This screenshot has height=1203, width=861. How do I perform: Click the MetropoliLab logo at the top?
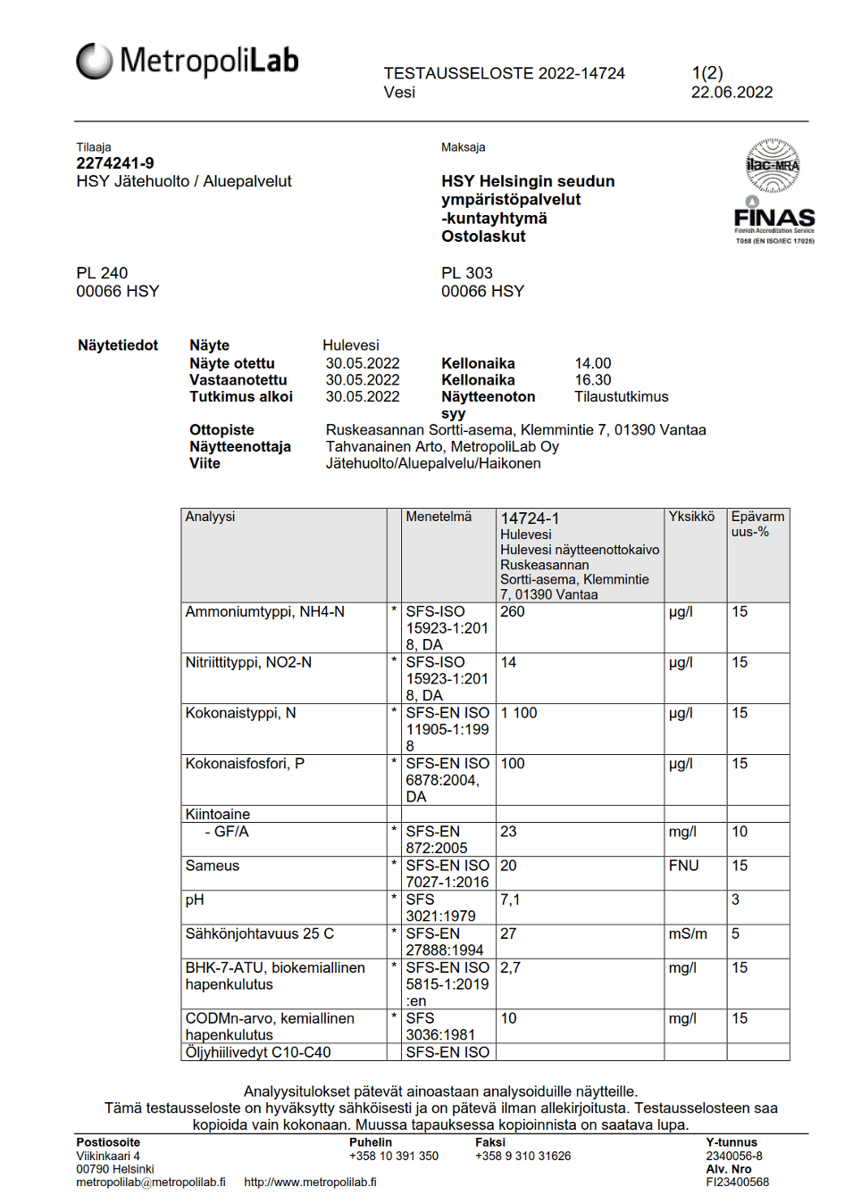point(188,61)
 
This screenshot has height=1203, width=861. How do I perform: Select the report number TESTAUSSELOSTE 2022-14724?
point(504,73)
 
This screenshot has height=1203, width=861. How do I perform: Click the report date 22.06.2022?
point(731,92)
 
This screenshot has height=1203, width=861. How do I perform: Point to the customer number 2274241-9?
point(115,163)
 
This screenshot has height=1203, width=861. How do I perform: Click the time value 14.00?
point(593,363)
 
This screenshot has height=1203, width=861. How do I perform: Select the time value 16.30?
point(593,380)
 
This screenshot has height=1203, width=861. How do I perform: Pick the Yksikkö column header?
point(691,517)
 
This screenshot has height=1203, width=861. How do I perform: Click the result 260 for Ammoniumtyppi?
point(513,612)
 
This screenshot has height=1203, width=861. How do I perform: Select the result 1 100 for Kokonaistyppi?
point(519,713)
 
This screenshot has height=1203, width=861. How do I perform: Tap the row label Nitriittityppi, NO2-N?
point(248,663)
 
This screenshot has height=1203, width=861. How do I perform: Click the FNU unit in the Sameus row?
point(683,866)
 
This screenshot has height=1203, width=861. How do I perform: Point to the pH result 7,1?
point(510,900)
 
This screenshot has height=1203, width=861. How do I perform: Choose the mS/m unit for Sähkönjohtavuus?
point(688,933)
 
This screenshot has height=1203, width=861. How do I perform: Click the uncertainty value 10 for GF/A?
point(740,832)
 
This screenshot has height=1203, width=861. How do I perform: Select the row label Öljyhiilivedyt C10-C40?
point(258,1052)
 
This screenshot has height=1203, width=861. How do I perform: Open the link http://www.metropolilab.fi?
point(310,1182)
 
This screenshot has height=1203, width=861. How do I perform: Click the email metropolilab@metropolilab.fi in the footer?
point(150,1182)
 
